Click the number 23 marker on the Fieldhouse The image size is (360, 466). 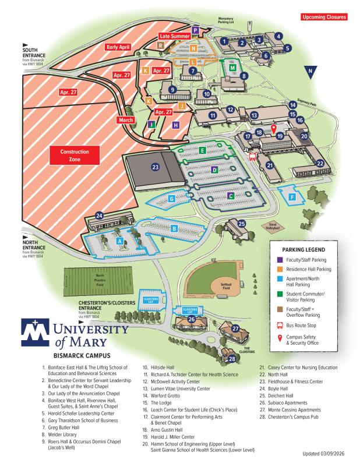pyautogui.click(x=155, y=167)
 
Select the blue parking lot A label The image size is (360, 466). pyautogui.click(x=119, y=240)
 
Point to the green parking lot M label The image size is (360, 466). pyautogui.click(x=233, y=68)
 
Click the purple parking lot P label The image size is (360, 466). pyautogui.click(x=196, y=30)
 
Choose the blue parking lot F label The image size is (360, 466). pyautogui.click(x=292, y=197)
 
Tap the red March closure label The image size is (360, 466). pyautogui.click(x=125, y=119)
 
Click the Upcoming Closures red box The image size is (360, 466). pyautogui.click(x=323, y=17)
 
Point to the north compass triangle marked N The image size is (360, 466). pyautogui.click(x=313, y=73)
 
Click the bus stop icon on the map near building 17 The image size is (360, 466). pyautogui.click(x=252, y=156)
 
